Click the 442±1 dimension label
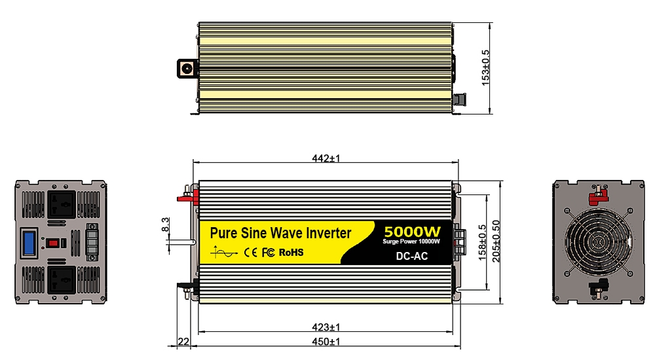(x=326, y=158)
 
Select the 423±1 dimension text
(x=326, y=327)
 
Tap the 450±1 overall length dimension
(x=326, y=342)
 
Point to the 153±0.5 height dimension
(x=485, y=67)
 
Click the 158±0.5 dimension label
(x=482, y=243)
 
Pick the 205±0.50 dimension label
(x=496, y=242)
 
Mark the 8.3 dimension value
(x=166, y=225)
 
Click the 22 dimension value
(x=183, y=342)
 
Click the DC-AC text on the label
(x=412, y=256)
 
